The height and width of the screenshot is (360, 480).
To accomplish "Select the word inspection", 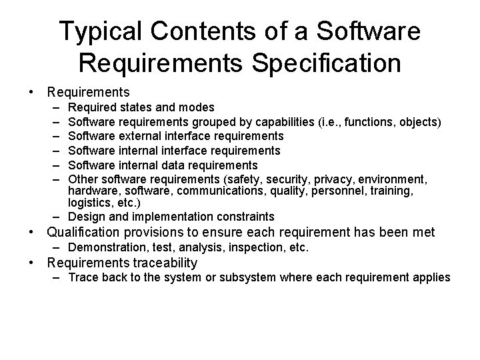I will click(x=253, y=247).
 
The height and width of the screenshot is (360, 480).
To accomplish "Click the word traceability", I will click(x=165, y=263).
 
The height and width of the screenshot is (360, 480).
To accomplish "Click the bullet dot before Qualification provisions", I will click(x=31, y=233).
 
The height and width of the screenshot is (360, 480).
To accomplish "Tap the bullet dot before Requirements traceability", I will click(x=31, y=263).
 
